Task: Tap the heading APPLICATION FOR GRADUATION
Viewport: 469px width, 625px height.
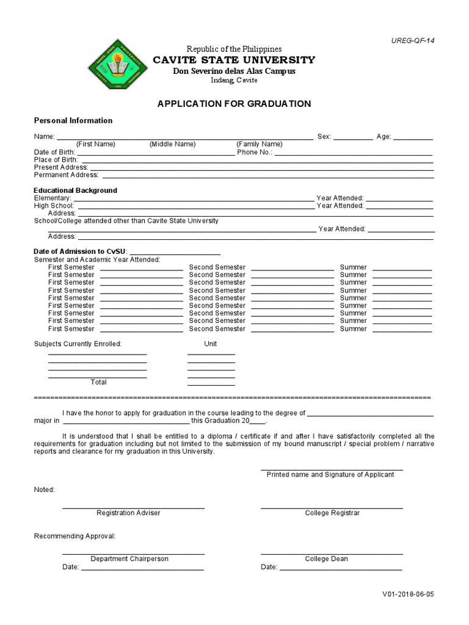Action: tap(234, 104)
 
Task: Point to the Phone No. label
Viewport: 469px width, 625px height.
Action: tap(255, 152)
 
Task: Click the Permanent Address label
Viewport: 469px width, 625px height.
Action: tap(62, 175)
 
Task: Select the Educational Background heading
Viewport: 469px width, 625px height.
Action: tap(75, 190)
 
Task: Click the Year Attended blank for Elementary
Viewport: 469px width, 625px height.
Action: tap(399, 199)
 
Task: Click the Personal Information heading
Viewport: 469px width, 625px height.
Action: tap(73, 121)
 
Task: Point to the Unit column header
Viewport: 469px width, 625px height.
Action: tap(211, 344)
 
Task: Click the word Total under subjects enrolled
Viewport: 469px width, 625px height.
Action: tap(98, 382)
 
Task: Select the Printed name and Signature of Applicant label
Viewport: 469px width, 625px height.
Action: tap(330, 474)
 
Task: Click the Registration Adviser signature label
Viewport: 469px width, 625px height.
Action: tap(128, 513)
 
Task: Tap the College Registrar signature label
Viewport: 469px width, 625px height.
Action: tap(332, 513)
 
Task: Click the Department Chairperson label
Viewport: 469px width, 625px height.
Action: tap(129, 558)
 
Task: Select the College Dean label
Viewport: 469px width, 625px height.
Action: tap(327, 558)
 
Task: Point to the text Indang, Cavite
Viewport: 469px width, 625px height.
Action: tap(225, 81)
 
